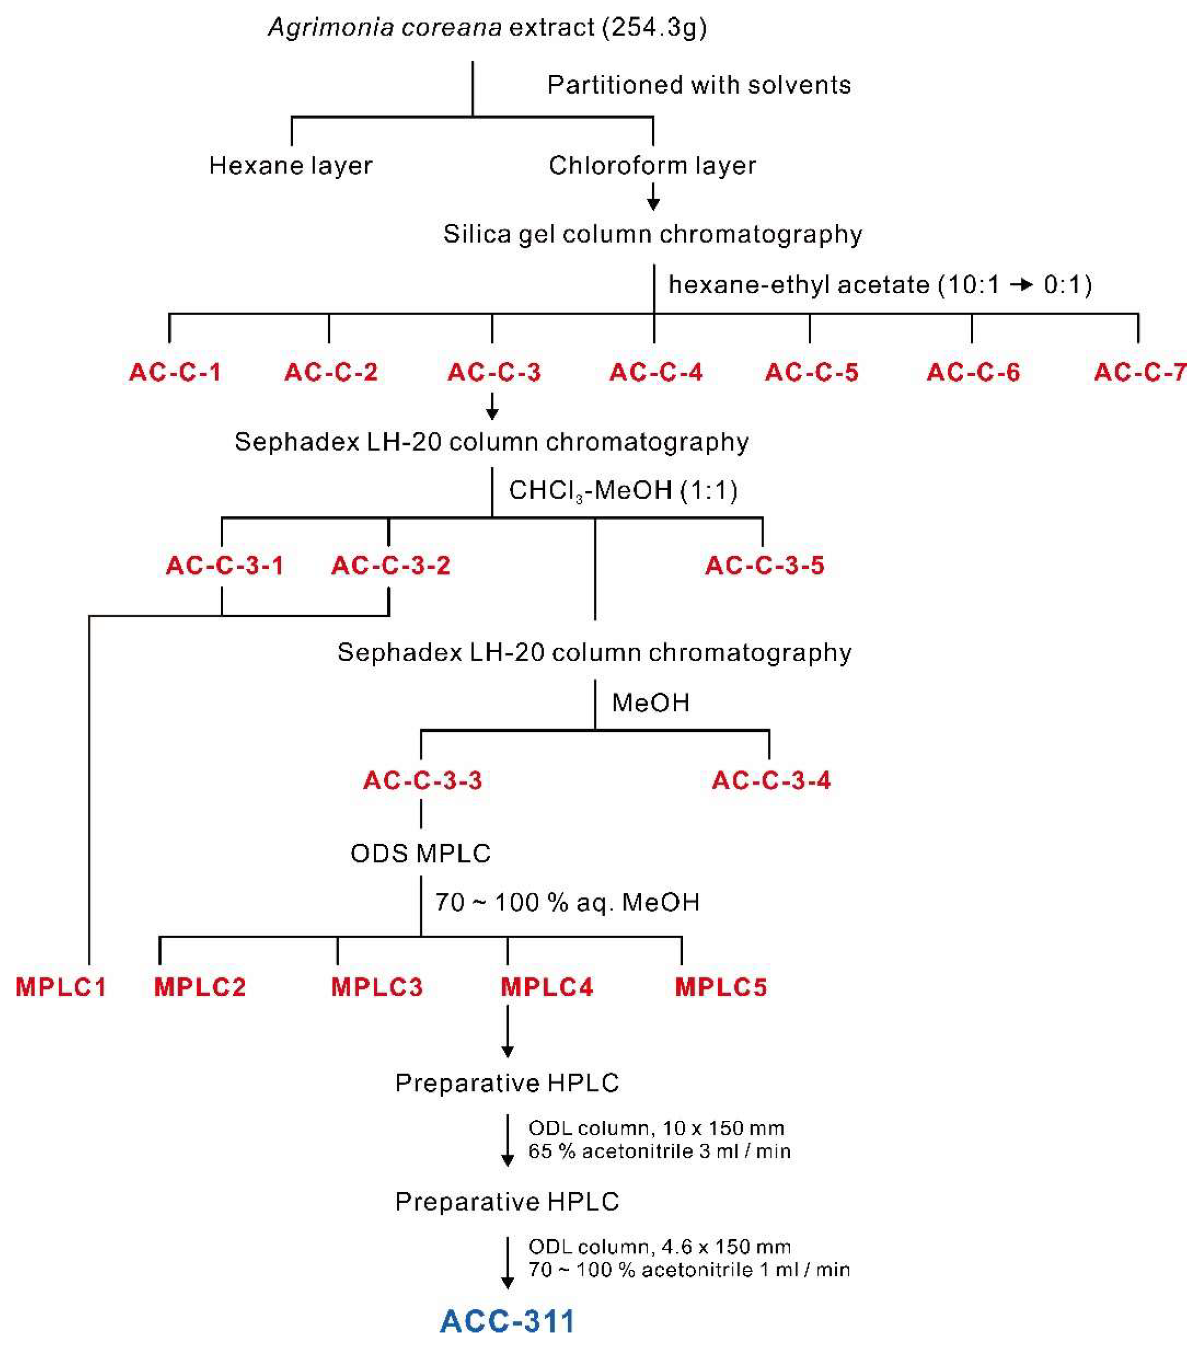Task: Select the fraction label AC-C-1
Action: point(175,372)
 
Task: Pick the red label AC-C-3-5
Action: point(764,565)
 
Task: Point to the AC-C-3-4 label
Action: point(771,781)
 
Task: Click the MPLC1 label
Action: point(61,987)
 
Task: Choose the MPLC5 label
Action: point(721,987)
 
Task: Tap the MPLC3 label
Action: point(377,987)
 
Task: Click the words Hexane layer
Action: point(290,165)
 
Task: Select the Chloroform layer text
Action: point(652,165)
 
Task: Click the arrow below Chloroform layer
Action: point(653,197)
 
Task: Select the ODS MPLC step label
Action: point(420,853)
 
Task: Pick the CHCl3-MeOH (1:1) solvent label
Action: point(623,490)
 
